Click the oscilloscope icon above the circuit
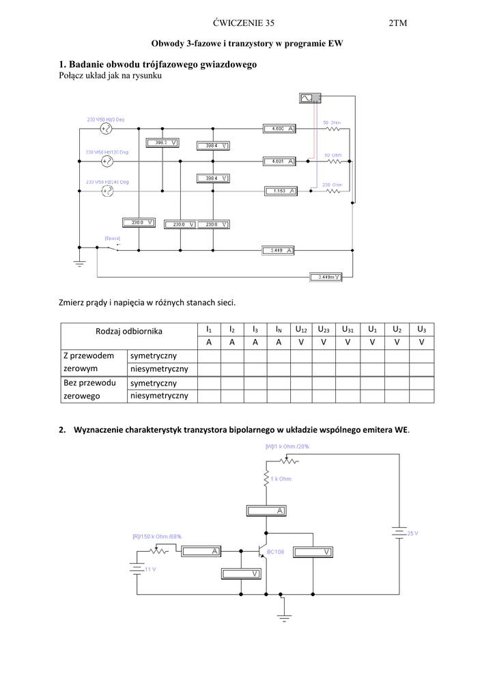(x=309, y=99)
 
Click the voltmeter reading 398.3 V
(x=162, y=143)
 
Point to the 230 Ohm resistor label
(x=332, y=185)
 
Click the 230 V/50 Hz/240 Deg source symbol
(x=107, y=191)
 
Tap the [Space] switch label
(x=112, y=238)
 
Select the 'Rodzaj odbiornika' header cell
(x=129, y=331)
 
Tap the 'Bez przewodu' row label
(x=89, y=383)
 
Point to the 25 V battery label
(x=412, y=533)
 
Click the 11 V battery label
(x=150, y=569)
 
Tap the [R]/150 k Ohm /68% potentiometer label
(x=157, y=537)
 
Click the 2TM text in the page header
(x=397, y=23)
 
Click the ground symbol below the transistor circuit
(x=285, y=619)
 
